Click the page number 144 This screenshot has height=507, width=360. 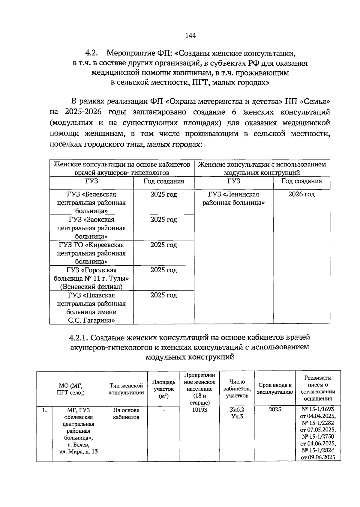pos(190,36)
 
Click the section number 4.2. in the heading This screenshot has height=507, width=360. pos(91,54)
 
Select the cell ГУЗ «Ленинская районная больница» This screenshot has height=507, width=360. pos(233,198)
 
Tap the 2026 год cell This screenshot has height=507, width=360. pos(301,194)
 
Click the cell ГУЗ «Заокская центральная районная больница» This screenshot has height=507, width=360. pos(91,228)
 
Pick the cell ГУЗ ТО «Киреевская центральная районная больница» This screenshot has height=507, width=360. pos(91,253)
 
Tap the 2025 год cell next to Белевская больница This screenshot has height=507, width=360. pos(163,194)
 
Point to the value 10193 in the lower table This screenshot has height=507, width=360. pos(199,410)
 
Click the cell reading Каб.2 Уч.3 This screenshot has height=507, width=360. pos(237,413)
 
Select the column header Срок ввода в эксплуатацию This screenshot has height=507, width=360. pos(275,389)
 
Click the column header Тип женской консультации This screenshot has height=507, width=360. pos(126,389)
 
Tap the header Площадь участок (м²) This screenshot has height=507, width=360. pos(163,389)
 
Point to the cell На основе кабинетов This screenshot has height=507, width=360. pos(126,413)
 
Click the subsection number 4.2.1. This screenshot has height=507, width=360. pos(79,338)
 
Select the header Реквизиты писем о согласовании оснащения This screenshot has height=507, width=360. pos(318,388)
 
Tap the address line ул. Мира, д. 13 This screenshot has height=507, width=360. pos(78,451)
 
